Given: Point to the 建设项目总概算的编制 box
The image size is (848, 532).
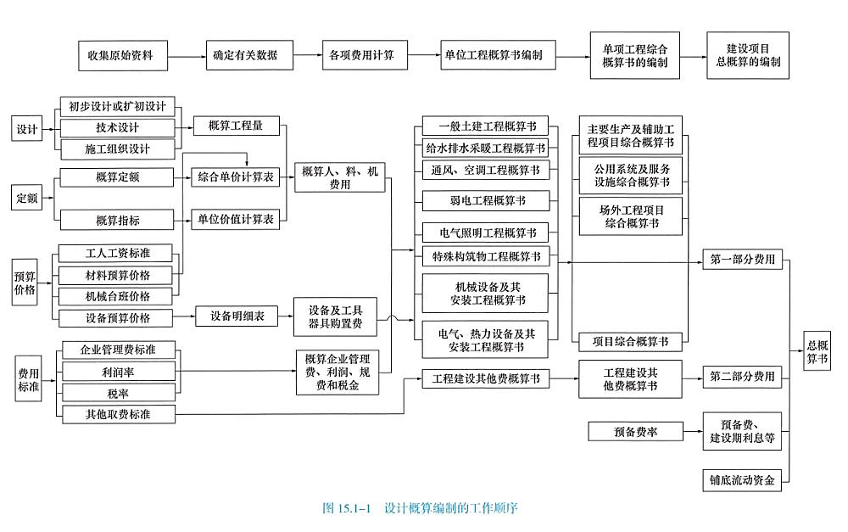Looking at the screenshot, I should pyautogui.click(x=747, y=56).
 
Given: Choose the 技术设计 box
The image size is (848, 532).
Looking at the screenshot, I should pyautogui.click(x=117, y=128).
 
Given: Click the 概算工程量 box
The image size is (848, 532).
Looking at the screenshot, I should pyautogui.click(x=235, y=126).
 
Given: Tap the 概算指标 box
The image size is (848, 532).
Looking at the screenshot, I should pyautogui.click(x=117, y=220).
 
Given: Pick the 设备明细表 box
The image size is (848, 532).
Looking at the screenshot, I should pyautogui.click(x=237, y=316).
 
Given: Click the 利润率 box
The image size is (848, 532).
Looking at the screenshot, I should pyautogui.click(x=117, y=371).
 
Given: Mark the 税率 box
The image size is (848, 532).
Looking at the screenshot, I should pyautogui.click(x=117, y=392).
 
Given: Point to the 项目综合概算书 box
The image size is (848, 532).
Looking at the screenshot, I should pyautogui.click(x=629, y=341).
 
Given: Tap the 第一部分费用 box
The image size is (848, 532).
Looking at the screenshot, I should pyautogui.click(x=742, y=260).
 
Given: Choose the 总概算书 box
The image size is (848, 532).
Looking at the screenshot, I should pyautogui.click(x=817, y=350).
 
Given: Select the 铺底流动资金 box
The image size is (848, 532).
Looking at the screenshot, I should pyautogui.click(x=742, y=480).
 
